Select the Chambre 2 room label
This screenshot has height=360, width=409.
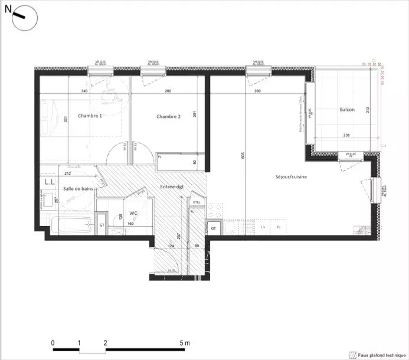pos(168,117)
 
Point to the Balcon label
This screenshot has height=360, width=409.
pos(347,110)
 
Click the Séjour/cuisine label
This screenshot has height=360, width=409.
pos(291,176)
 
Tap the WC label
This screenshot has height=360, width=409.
pos(133,213)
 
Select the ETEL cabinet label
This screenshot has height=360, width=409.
pos(196,203)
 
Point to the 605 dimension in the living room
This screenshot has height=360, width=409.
pos(242,155)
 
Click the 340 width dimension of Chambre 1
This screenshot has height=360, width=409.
pos(84,91)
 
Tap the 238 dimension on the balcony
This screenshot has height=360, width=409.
pos(345,136)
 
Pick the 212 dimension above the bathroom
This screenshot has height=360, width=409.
pos(68,174)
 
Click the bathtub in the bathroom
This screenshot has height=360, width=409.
pos(70,225)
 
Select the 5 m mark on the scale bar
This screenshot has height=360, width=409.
pos(184,342)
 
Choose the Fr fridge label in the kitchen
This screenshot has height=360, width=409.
pos(279,227)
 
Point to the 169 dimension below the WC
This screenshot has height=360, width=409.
pos(131,224)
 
